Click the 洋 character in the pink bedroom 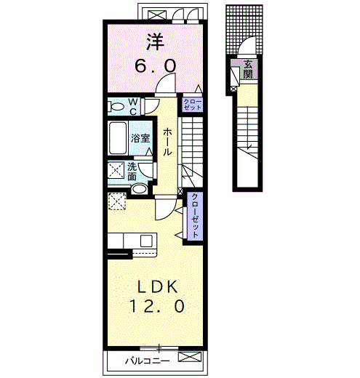[x=156, y=42]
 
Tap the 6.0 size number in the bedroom [x=155, y=66]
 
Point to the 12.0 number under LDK [x=157, y=306]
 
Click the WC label [x=133, y=107]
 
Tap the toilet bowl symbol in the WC [x=117, y=107]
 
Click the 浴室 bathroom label [x=140, y=138]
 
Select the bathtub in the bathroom [x=118, y=138]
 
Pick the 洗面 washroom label [x=132, y=172]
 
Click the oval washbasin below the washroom [x=140, y=188]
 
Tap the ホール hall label [x=167, y=142]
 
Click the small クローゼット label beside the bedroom [x=193, y=105]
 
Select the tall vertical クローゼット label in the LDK [x=195, y=216]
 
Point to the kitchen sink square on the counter [x=146, y=241]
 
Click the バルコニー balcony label [x=147, y=361]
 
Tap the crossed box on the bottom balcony [x=190, y=357]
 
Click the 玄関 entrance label [x=248, y=69]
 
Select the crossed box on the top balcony [x=157, y=15]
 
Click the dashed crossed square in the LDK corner [x=117, y=201]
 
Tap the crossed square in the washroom [x=116, y=171]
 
